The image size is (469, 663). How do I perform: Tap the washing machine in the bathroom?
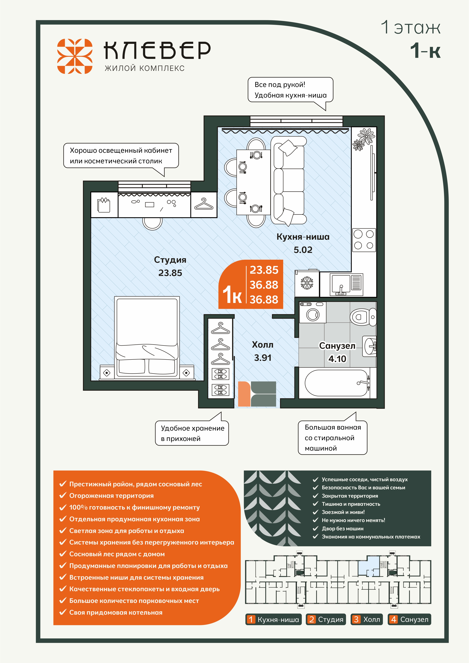coord(313,312)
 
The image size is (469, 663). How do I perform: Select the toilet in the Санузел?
coord(363,317)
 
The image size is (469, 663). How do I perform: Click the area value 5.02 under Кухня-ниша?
coord(303,250)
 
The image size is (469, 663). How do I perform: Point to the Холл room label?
coord(262,345)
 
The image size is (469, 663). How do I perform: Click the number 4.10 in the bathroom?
coord(337,359)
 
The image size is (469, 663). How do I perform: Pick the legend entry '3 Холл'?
coord(367,619)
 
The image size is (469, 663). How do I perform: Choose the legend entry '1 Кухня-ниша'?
coord(273,619)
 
